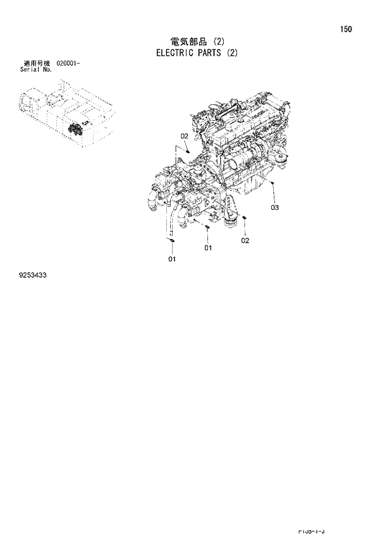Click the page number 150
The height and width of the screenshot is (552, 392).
pyautogui.click(x=346, y=29)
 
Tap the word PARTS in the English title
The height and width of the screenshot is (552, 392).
pyautogui.click(x=212, y=53)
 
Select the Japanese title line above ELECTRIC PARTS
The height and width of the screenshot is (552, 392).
pyautogui.click(x=195, y=42)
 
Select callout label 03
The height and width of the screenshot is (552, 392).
pyautogui.click(x=274, y=207)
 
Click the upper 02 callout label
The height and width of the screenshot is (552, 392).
pyautogui.click(x=184, y=136)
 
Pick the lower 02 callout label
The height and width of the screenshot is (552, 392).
pyautogui.click(x=245, y=240)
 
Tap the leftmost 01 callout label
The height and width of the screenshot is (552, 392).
pyautogui.click(x=171, y=259)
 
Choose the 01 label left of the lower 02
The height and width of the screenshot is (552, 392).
pyautogui.click(x=208, y=248)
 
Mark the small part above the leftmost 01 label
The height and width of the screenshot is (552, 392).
pyautogui.click(x=171, y=240)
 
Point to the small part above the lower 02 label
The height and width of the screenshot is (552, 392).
pyautogui.click(x=245, y=220)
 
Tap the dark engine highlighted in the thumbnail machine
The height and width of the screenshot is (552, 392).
pyautogui.click(x=77, y=130)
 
